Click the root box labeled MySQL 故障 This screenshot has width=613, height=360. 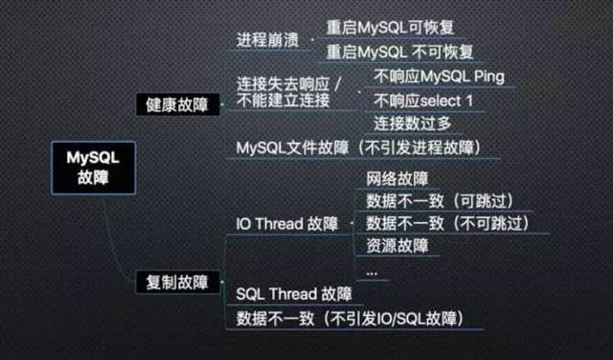coord(87,169)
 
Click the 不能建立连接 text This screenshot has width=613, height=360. coord(278,102)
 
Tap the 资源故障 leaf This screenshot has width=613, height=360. coord(396,245)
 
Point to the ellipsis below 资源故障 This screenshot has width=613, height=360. coord(372,270)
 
